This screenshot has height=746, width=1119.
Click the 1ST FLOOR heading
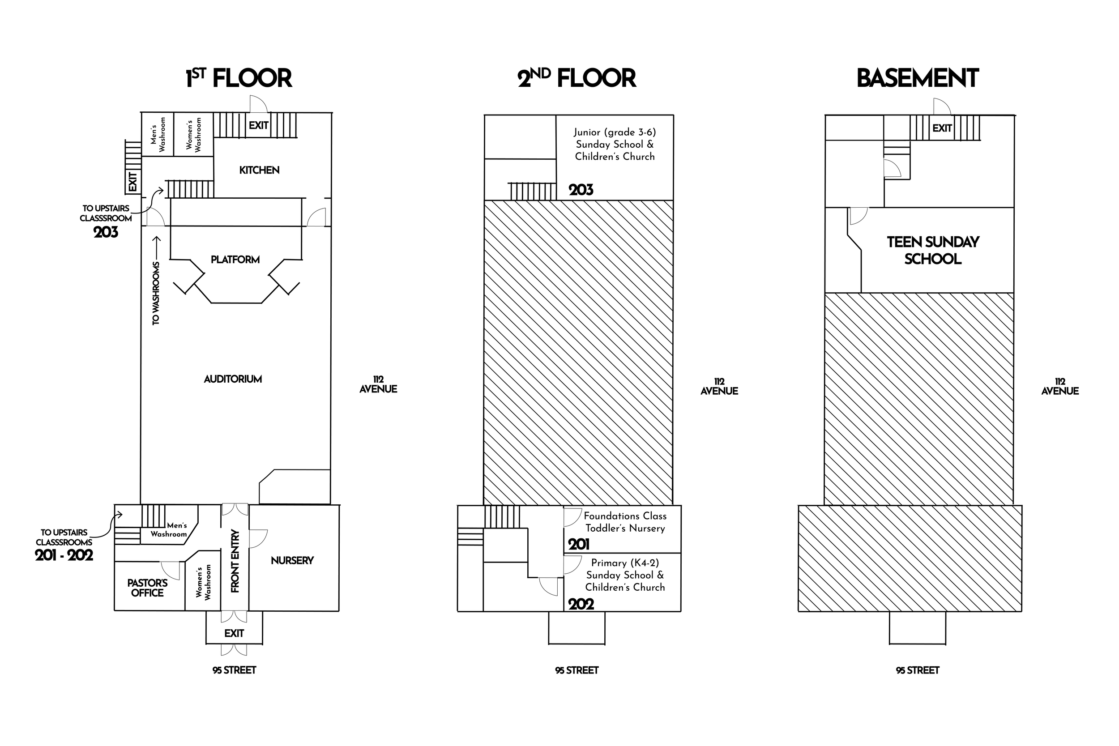coord(239,78)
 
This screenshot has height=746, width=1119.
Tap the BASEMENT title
coord(917,78)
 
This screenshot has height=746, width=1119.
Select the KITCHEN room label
coord(259,170)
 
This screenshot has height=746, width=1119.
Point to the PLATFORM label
coord(235,259)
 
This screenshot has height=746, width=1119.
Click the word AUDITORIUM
coord(233,379)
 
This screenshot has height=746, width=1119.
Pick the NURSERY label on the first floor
coord(292,560)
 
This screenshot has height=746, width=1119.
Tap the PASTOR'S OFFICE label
coord(148,588)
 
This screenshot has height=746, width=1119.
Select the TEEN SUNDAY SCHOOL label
coord(933,250)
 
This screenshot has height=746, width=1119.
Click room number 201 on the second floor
coord(579,544)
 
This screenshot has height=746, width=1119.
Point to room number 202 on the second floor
coord(581,604)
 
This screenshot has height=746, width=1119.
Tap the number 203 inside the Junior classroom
coord(581,190)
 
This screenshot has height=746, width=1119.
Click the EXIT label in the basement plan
coord(942,128)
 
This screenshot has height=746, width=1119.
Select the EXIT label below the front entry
coord(234,633)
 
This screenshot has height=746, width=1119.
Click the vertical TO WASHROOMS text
coord(156,293)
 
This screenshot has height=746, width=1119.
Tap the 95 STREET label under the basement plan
coord(917,670)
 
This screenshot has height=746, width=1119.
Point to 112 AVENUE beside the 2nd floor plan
coord(719,386)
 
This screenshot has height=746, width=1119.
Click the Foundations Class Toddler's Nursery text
coord(625,522)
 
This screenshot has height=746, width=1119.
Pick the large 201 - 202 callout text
coord(64,555)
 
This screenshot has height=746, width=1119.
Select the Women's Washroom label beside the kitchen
coord(194,135)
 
